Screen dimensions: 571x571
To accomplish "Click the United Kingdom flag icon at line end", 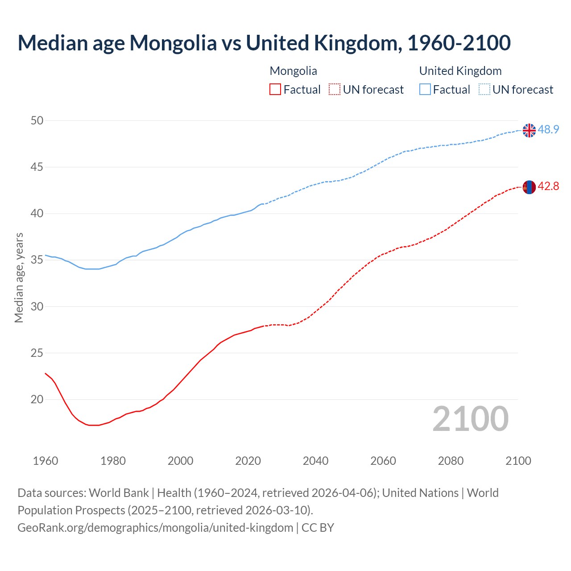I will click(x=529, y=130).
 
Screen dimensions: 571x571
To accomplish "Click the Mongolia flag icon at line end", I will click(x=529, y=187).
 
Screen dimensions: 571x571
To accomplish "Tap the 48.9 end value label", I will click(x=548, y=129).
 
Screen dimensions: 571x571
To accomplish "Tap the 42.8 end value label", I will click(x=548, y=186).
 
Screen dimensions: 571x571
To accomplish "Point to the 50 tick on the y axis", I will click(x=37, y=120).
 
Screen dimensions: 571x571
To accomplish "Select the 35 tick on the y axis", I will click(x=37, y=260).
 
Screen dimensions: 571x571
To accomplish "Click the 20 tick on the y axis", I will click(x=37, y=399).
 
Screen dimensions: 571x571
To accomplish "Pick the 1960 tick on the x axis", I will click(x=46, y=460).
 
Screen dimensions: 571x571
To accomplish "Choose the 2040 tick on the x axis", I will click(x=315, y=460).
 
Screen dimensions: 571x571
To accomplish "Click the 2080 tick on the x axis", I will click(x=451, y=460).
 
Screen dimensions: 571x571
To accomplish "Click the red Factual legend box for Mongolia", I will click(x=275, y=89).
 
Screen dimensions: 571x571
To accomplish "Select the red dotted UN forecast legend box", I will click(x=335, y=89).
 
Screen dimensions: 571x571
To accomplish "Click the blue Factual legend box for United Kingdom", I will click(x=425, y=89).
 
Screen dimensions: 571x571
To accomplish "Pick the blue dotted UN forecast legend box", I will click(x=484, y=89).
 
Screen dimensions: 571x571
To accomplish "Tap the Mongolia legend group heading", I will click(x=293, y=71).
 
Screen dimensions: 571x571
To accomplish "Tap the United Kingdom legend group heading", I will click(x=460, y=71).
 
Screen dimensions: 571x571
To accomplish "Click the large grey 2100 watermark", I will click(x=470, y=418).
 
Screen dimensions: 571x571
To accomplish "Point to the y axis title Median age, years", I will click(x=19, y=277).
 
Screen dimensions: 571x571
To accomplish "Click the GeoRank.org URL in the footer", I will click(x=155, y=527).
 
